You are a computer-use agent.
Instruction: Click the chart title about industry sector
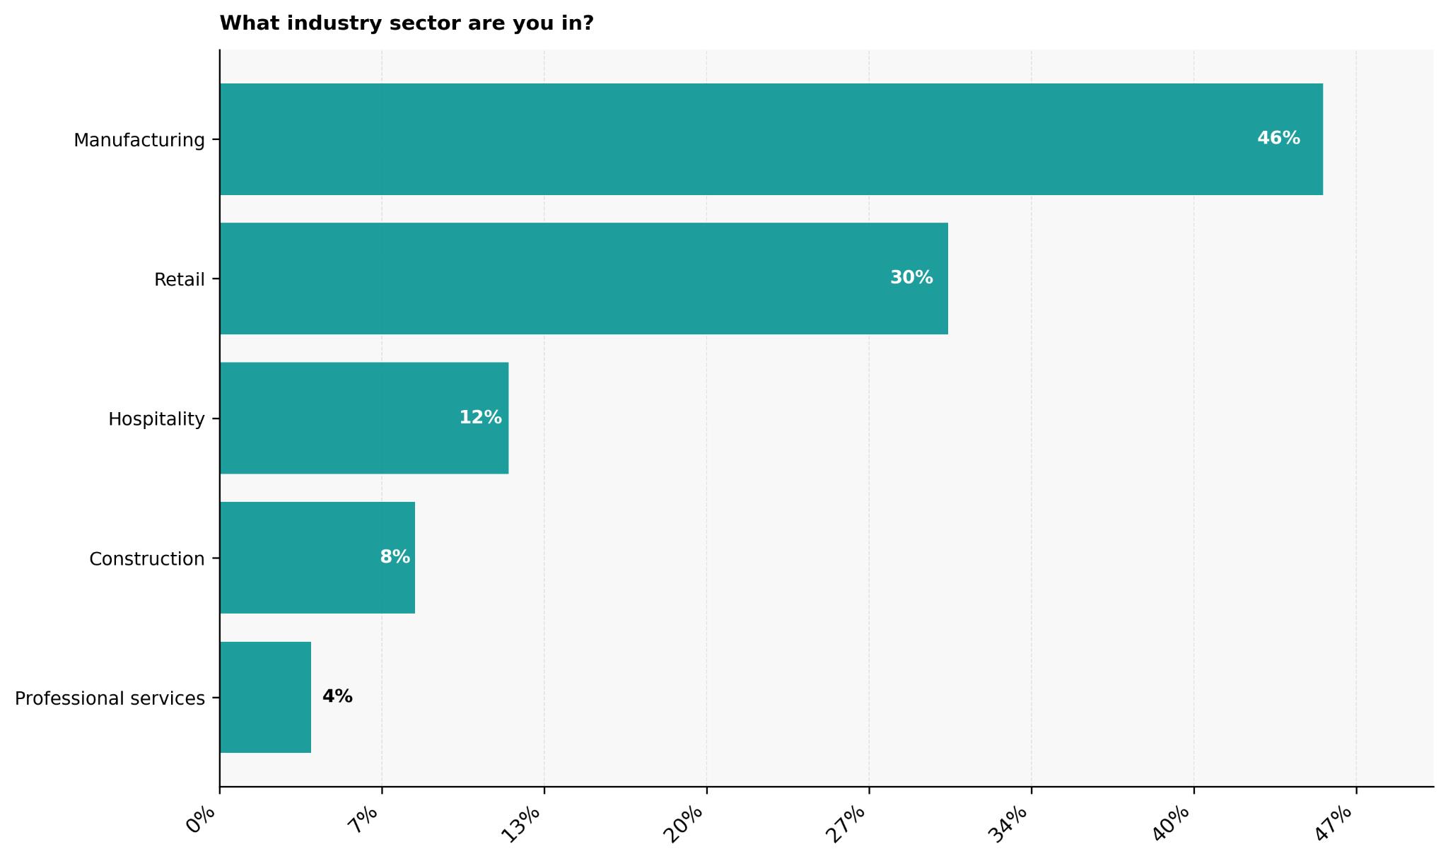[407, 24]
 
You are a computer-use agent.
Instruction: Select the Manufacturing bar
[771, 139]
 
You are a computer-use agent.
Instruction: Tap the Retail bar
[583, 279]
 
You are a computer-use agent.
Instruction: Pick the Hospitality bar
[363, 418]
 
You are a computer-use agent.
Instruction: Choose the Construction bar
[317, 558]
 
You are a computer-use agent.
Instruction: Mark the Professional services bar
[265, 697]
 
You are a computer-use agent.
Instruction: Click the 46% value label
[1278, 139]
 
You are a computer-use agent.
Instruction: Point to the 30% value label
[911, 278]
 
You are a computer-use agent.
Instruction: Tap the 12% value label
[481, 418]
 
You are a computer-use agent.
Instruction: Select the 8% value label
[395, 557]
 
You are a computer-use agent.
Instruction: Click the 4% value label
[337, 696]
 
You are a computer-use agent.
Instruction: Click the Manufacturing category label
[139, 140]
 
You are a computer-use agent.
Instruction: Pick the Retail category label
[180, 280]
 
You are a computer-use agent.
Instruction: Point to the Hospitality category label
[156, 419]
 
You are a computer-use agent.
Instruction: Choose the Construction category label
[147, 559]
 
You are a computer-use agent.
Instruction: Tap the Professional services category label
[110, 698]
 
